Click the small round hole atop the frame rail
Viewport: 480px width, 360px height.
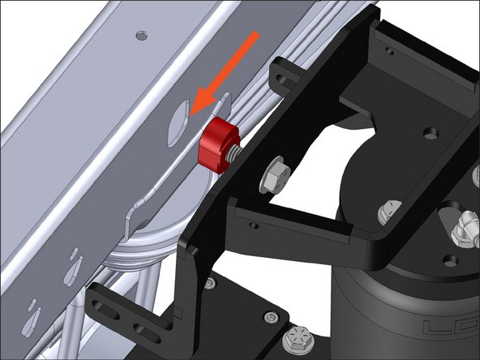[x=143, y=35]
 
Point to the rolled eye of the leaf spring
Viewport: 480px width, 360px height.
[x=162, y=235]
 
